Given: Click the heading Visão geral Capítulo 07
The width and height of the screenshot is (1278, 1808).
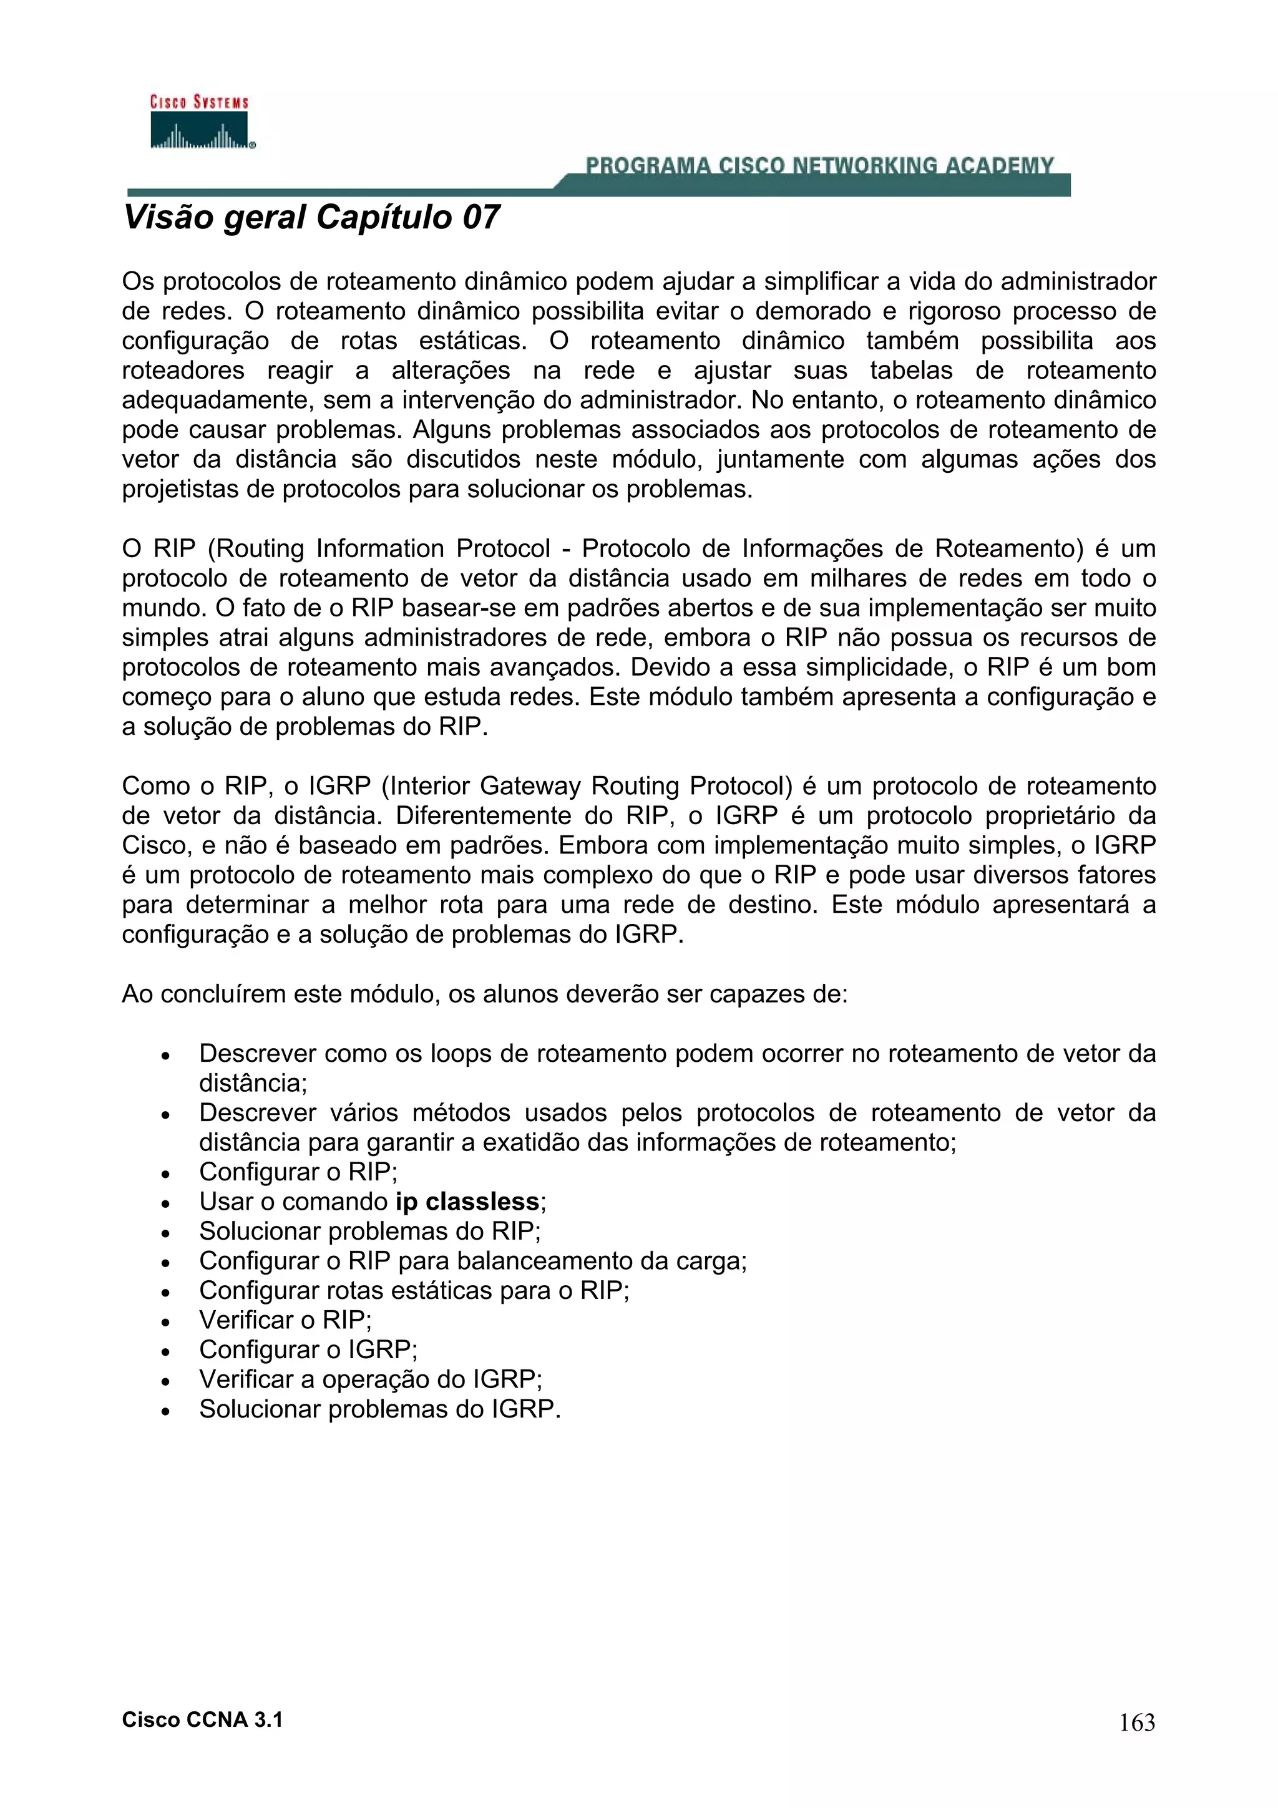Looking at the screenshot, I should pyautogui.click(x=311, y=217).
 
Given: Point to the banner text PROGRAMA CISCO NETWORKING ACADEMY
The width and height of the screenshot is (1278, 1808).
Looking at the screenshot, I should pyautogui.click(x=819, y=165).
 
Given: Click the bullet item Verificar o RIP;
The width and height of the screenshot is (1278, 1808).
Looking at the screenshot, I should pyautogui.click(x=285, y=1320).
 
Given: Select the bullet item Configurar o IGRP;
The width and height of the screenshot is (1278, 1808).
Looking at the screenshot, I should pyautogui.click(x=308, y=1349).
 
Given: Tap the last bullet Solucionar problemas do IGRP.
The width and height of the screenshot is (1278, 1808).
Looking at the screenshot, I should pyautogui.click(x=379, y=1409).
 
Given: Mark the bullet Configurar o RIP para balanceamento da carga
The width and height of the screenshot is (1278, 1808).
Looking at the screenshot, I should pyautogui.click(x=472, y=1261).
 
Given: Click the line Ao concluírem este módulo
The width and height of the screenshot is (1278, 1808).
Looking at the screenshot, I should pyautogui.click(x=484, y=994).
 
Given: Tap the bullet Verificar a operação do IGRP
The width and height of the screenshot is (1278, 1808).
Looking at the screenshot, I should pyautogui.click(x=370, y=1379).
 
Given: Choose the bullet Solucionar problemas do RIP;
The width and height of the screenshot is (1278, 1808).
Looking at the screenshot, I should pyautogui.click(x=369, y=1231).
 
